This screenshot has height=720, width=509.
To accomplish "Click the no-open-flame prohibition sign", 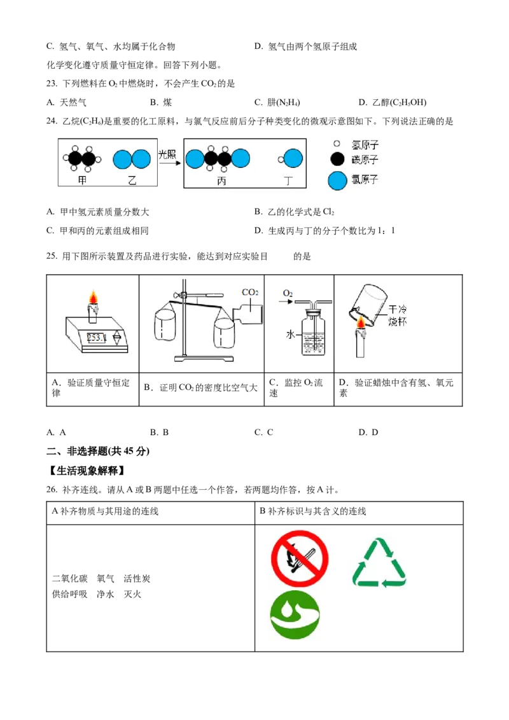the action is [300, 559].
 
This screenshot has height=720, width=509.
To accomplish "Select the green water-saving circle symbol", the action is [295, 614].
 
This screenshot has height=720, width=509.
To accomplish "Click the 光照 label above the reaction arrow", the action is [167, 155].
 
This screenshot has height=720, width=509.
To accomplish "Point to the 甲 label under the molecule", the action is [82, 180].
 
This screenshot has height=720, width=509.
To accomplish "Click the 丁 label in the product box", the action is [288, 181].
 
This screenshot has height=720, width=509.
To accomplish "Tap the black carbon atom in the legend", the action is [337, 160].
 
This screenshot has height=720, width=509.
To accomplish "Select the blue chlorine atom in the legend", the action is [337, 181].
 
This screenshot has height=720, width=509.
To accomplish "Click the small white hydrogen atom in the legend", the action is [337, 144].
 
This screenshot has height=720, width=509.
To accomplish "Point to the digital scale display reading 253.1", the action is [97, 338].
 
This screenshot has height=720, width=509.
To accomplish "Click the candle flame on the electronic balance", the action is [94, 298].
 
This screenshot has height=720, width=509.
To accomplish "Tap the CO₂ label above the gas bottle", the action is [250, 292].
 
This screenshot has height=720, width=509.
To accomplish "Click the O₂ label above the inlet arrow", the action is [288, 293].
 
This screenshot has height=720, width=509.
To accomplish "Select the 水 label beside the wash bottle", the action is [290, 335].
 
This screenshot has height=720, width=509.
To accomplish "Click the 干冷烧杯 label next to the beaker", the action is [398, 315].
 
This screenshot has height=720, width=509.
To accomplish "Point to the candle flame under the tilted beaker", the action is [361, 323].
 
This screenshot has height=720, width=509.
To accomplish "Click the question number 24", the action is [52, 121].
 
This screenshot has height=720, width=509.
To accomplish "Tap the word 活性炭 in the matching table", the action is [137, 579].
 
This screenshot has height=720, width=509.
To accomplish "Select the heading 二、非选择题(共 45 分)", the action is [98, 451].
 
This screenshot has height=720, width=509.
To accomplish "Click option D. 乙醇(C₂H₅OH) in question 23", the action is [393, 102].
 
